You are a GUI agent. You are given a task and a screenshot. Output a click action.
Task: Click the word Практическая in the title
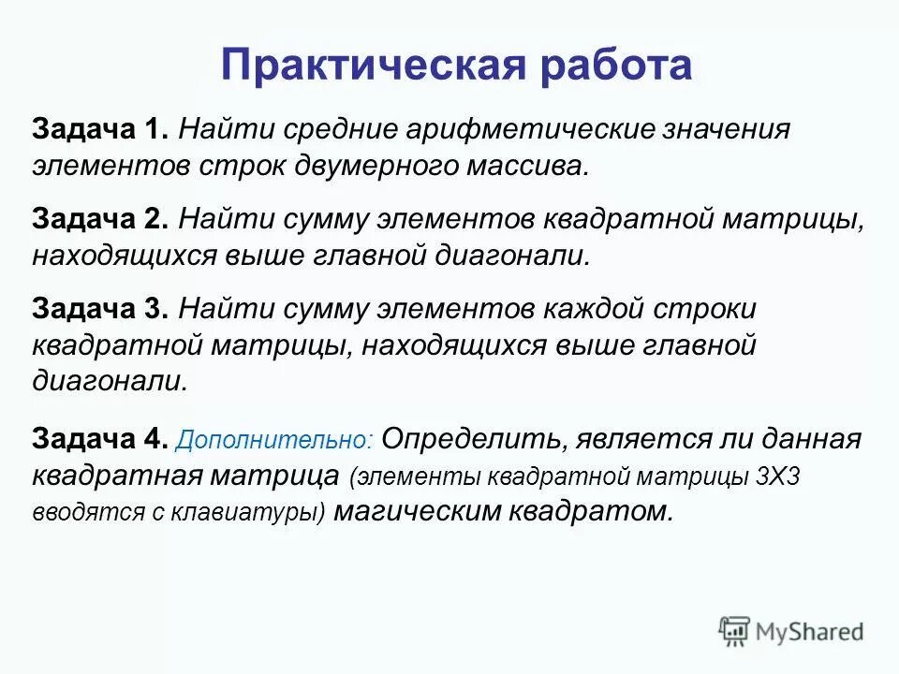[371, 66]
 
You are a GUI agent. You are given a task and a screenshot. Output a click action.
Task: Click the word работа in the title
[612, 66]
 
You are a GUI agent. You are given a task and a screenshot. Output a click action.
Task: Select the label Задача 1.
[100, 129]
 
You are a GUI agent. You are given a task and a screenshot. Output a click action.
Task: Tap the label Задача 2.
[100, 218]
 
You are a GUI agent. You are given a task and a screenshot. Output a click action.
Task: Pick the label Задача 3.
[100, 308]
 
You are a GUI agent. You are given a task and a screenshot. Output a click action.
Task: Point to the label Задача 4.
[100, 438]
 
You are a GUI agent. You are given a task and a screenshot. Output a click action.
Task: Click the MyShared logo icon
[735, 631]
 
